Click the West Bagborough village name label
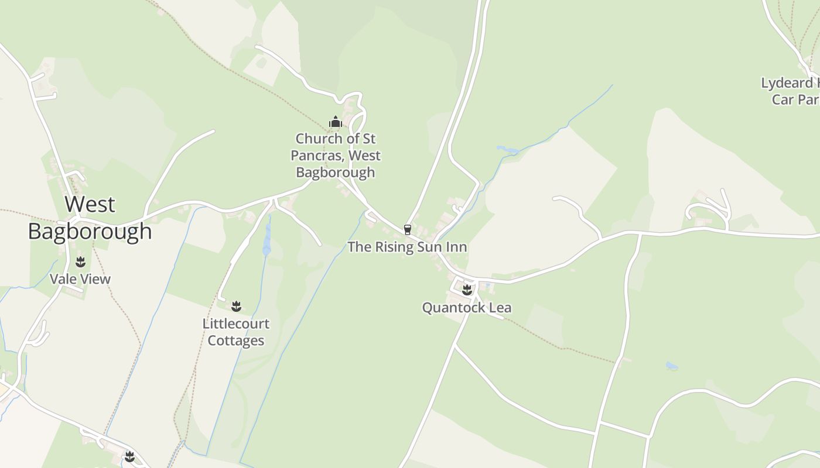(x=90, y=218)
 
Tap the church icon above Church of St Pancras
(x=336, y=122)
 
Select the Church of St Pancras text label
(x=336, y=155)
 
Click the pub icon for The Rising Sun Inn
(x=408, y=229)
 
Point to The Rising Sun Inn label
(x=407, y=247)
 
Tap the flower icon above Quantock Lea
(x=467, y=290)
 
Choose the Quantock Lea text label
(x=467, y=308)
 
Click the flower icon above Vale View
(x=80, y=261)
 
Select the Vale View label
(x=80, y=279)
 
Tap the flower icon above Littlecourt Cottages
(x=236, y=306)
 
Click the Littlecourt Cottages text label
(x=236, y=332)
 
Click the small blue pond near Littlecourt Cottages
(x=267, y=246)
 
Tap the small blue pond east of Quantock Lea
(x=671, y=366)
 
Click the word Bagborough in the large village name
(x=90, y=232)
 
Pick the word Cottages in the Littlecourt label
(x=236, y=340)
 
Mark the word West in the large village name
(x=90, y=205)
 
